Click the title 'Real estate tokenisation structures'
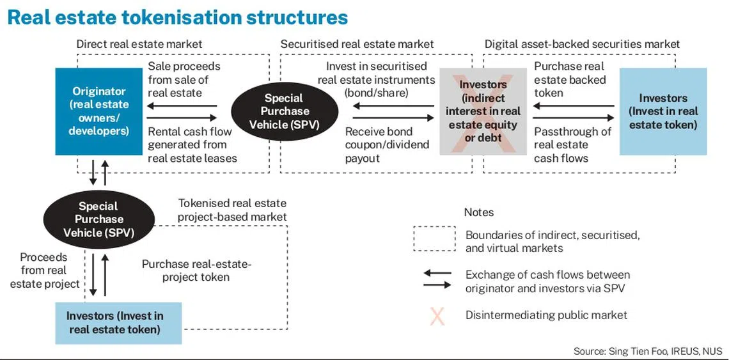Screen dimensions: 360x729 [178, 17]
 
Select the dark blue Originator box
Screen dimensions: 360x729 [98, 111]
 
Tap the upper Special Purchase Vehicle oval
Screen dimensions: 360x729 [284, 111]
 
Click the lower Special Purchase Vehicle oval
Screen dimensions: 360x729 [98, 219]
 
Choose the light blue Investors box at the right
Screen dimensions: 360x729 [662, 111]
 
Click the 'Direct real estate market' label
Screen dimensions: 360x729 [139, 44]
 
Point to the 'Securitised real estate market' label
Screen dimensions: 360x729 [357, 44]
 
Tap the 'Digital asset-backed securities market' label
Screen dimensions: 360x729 [582, 44]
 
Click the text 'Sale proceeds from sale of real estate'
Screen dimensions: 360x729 [184, 79]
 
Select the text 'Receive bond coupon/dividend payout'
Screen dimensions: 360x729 [387, 145]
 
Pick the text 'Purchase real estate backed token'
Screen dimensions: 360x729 [569, 79]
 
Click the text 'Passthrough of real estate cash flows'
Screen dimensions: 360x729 [572, 145]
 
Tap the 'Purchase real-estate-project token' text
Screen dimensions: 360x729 [196, 270]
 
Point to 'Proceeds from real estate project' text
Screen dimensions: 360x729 [44, 270]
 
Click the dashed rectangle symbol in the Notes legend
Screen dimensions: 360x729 [434, 239]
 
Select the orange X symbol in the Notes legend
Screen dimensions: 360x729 [437, 315]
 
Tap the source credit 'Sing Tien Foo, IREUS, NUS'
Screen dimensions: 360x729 [649, 351]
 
